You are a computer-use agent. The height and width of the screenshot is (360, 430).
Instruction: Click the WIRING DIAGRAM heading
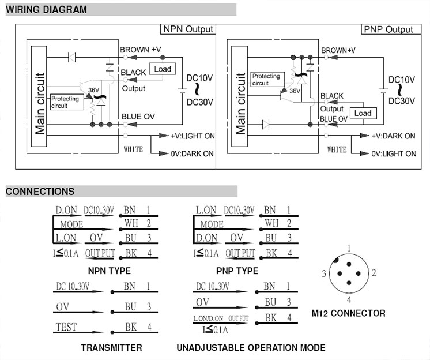pos(47,9)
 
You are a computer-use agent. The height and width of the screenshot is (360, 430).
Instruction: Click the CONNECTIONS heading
pos(40,192)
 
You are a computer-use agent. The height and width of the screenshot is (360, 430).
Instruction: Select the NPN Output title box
pos(188,29)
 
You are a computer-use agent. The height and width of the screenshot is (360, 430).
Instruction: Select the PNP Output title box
pos(388,29)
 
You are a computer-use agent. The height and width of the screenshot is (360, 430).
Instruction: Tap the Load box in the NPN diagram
pos(163,69)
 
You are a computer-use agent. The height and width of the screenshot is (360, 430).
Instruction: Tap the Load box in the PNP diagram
pos(363,113)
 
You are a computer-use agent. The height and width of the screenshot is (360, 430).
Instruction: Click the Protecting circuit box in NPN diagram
pos(66,102)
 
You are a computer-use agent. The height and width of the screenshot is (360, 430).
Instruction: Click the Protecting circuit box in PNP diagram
pos(266,79)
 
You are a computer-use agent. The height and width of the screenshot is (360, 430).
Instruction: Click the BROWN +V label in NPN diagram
pos(141,50)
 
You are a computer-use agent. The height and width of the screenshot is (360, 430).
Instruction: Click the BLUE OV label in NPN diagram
pos(138,117)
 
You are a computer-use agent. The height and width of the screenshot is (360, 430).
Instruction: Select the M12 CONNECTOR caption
pos(348,313)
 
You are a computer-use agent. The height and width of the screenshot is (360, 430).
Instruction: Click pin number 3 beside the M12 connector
pos(325,273)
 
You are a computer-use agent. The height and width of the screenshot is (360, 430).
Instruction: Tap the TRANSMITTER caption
pos(111,347)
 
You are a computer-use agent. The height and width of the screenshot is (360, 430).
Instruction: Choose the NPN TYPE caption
pos(109,271)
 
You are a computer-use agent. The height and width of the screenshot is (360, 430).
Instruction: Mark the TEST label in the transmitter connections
pos(66,328)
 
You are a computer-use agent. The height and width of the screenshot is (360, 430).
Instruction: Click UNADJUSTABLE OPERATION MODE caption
pos(251,347)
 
